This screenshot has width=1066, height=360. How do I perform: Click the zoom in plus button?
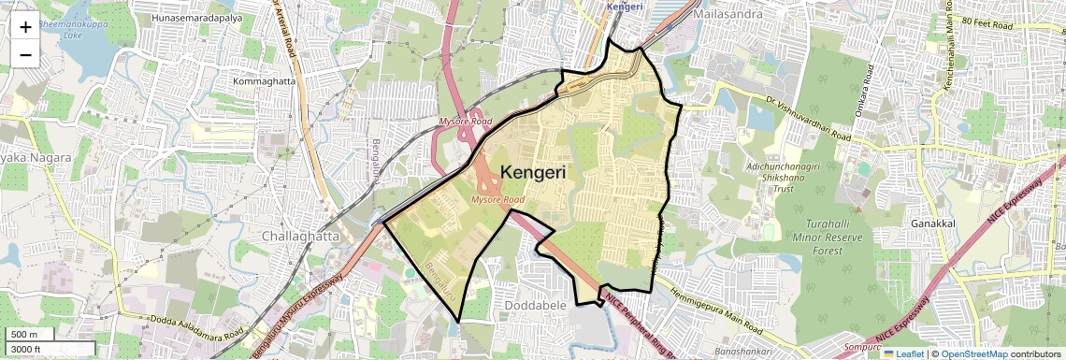click(x=25, y=26)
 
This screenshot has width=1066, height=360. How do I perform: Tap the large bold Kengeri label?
click(x=539, y=172)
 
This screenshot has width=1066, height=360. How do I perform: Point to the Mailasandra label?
click(x=728, y=14)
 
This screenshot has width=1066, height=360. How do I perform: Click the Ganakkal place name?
click(x=931, y=224)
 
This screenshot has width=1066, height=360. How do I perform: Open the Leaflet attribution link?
click(x=903, y=353)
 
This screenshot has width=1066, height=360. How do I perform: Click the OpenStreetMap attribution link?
click(x=973, y=353)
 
